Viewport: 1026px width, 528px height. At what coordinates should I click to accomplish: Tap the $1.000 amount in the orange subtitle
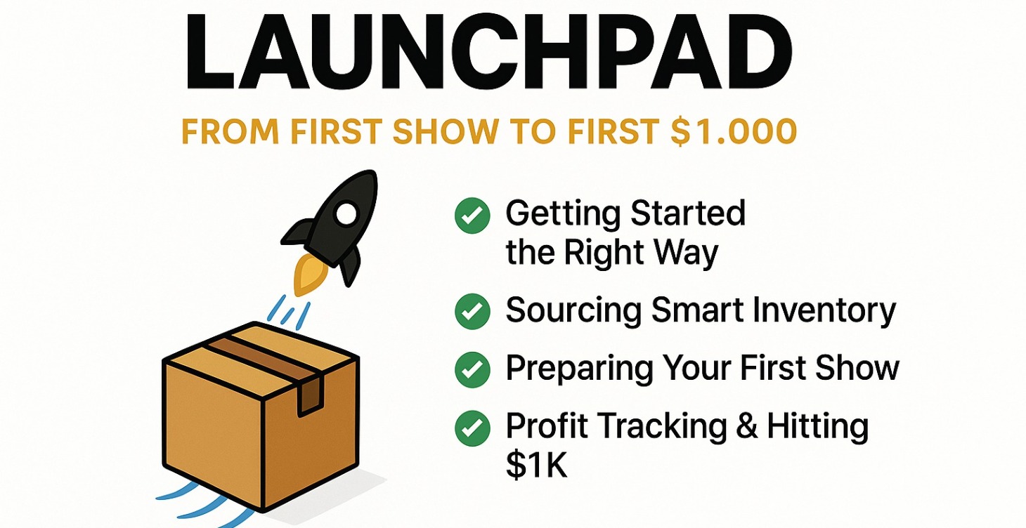[x=733, y=131]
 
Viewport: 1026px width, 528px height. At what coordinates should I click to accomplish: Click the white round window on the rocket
[x=345, y=213]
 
